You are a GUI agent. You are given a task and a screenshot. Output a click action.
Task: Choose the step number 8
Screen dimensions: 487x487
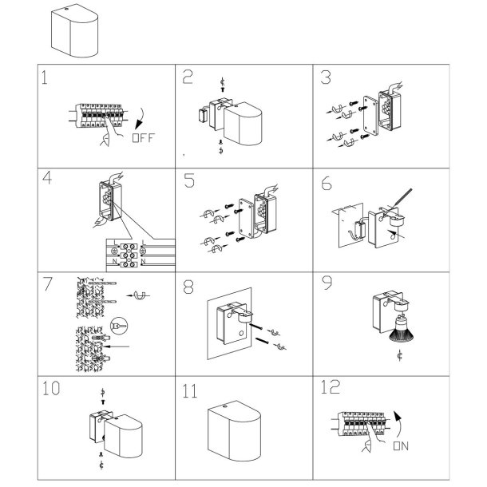[x=188, y=285]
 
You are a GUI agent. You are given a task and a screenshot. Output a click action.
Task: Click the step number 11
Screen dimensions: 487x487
[x=189, y=391]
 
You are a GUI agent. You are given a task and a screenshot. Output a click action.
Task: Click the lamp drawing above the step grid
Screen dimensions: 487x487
[x=72, y=30]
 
